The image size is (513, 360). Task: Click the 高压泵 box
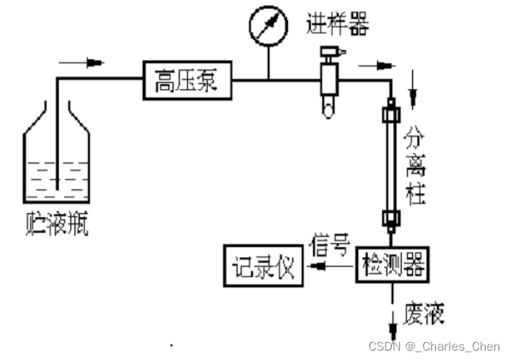click(x=186, y=81)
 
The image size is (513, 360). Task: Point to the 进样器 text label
click(x=337, y=25)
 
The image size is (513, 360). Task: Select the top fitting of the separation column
click(x=392, y=112)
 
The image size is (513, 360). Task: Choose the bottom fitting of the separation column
click(x=392, y=221)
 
